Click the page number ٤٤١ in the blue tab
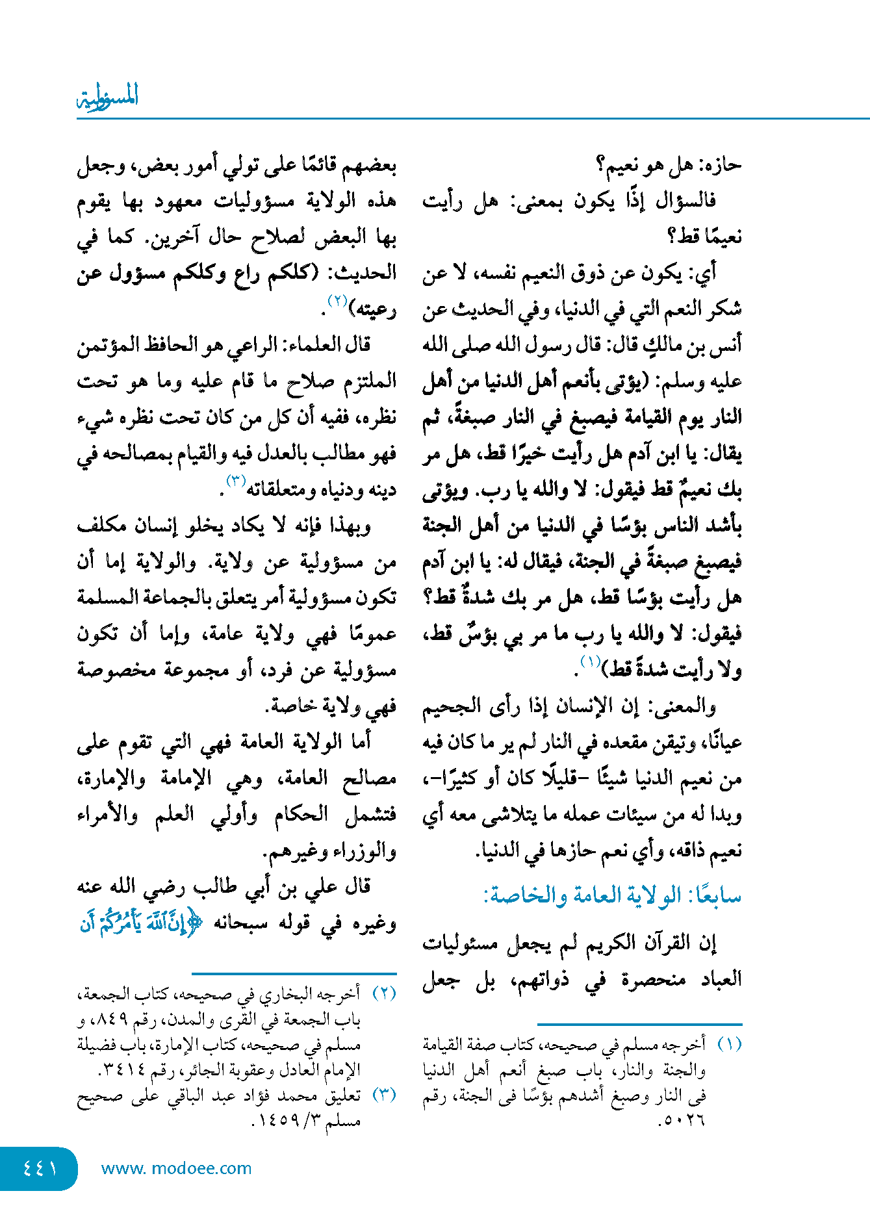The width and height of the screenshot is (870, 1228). (40, 1168)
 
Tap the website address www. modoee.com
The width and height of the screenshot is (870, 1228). (176, 1168)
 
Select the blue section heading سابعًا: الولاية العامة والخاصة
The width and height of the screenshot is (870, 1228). (612, 896)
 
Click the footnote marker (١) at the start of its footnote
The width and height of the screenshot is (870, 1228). (730, 1045)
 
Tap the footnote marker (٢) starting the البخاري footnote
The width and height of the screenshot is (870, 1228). (384, 994)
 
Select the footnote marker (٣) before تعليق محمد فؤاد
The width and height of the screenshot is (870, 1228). (384, 1095)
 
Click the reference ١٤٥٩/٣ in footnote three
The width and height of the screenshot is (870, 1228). (285, 1120)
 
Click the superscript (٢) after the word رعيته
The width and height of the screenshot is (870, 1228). (338, 301)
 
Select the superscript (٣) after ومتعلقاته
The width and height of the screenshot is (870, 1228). (235, 481)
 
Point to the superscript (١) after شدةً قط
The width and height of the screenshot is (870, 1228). (591, 662)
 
